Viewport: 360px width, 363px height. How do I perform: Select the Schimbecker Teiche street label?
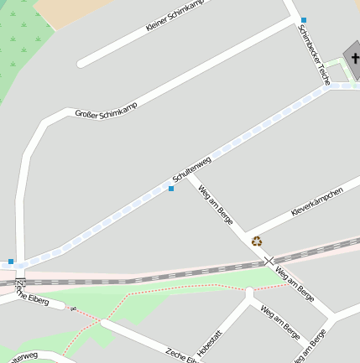coord(313,54)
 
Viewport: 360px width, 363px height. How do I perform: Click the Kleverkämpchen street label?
coord(316,203)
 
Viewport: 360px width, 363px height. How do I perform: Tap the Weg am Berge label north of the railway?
coord(214,205)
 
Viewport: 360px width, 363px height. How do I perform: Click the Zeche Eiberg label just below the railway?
coord(33,296)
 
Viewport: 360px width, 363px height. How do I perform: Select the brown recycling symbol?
coord(257,241)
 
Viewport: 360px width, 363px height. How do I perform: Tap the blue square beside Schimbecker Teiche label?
coord(304,19)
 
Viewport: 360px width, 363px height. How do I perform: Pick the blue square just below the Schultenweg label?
coord(171,189)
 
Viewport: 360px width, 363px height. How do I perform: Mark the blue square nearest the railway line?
coord(11,262)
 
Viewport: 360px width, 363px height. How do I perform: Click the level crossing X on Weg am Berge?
coord(269,261)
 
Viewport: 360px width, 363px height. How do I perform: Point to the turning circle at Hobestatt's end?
coord(248,293)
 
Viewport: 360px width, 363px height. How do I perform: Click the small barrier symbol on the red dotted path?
coord(74,309)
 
